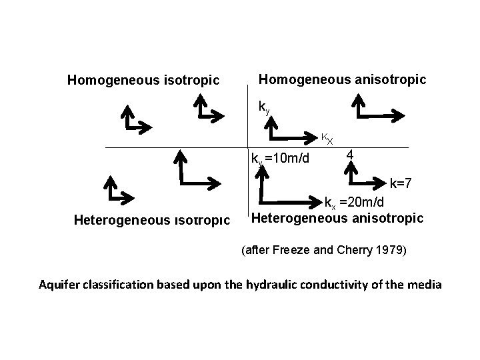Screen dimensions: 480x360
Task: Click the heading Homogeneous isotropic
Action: tap(143, 81)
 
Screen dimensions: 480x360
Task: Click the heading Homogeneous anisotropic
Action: tap(342, 79)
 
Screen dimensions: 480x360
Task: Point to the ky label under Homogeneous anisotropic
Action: tap(264, 107)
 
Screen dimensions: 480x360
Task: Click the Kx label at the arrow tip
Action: tap(327, 139)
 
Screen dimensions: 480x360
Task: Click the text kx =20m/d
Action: tap(359, 203)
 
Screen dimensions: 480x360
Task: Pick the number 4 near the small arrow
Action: tap(349, 157)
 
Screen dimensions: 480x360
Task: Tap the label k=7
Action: tap(401, 182)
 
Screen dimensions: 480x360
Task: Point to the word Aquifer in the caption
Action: tap(58, 285)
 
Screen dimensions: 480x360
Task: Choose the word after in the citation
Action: tap(255, 251)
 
